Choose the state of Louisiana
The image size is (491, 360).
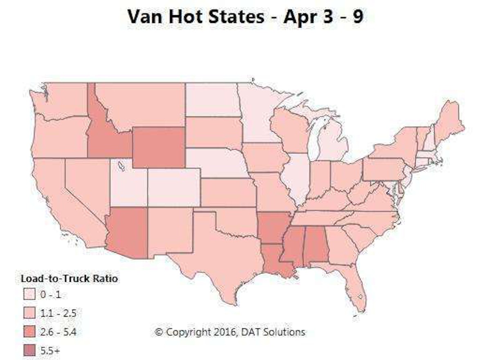275,260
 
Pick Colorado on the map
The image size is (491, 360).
174,186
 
